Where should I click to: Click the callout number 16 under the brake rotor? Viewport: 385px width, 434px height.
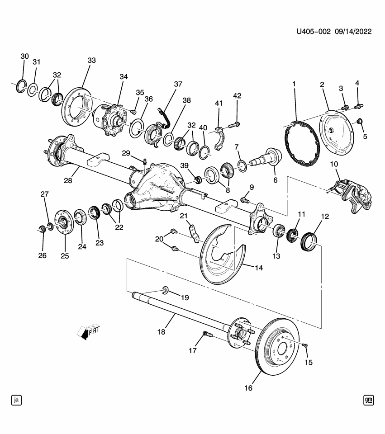coord(248,388)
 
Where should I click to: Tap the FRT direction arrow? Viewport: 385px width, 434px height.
coord(88,331)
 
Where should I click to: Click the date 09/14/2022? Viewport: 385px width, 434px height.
coord(353,32)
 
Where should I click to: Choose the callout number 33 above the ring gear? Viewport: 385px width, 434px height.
coord(91,60)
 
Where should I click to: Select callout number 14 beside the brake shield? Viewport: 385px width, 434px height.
coord(258,268)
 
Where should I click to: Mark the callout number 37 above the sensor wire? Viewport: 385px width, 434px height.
coord(177,84)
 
